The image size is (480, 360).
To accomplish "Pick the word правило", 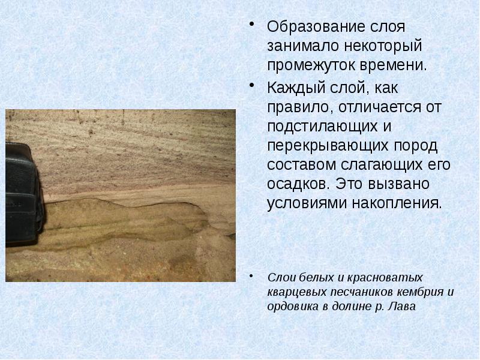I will tap(296, 107).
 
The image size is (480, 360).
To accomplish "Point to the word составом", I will tap(298, 164).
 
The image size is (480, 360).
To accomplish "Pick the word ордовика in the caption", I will tap(289, 306).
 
